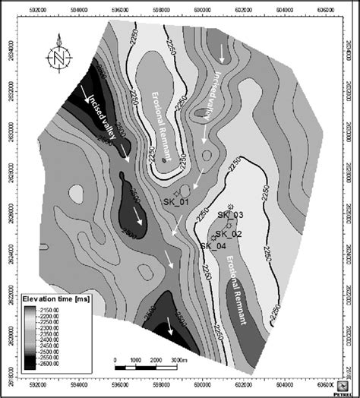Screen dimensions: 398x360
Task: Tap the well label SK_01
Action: click(x=177, y=201)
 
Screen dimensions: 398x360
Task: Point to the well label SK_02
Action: click(x=228, y=233)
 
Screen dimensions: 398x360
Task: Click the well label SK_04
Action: click(x=213, y=245)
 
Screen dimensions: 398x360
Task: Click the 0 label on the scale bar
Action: click(x=115, y=359)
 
